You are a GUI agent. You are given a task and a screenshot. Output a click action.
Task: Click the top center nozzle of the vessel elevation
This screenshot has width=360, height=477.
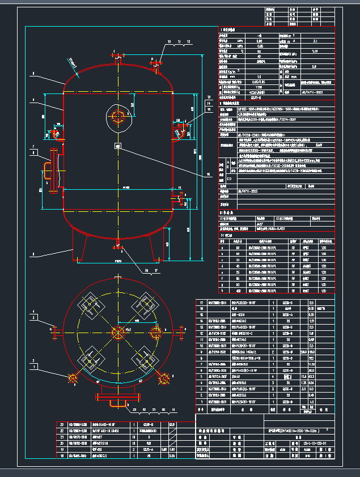click(117, 57)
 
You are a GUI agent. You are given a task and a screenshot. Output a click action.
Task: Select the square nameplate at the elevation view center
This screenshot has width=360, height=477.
click(117, 146)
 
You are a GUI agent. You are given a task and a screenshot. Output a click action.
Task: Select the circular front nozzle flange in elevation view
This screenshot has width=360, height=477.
click(118, 117)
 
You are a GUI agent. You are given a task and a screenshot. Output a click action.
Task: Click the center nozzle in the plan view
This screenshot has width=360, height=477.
click(117, 332)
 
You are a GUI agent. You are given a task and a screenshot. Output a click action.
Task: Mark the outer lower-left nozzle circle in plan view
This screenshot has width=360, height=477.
click(72, 377)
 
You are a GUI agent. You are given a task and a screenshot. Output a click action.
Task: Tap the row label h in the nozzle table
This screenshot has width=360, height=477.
click(223, 291)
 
